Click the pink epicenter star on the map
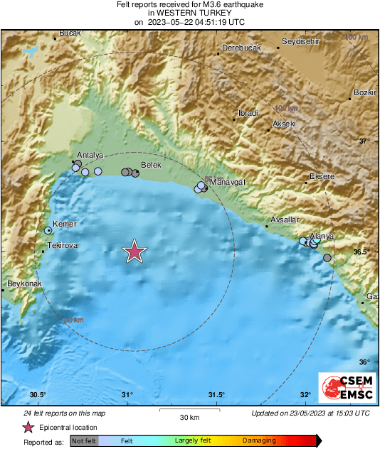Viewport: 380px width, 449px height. coord(134,251)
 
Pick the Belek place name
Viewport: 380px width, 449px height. coord(152,164)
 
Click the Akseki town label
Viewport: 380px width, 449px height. coord(284,124)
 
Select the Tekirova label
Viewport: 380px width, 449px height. coord(61,245)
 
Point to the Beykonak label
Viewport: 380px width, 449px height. coord(25,284)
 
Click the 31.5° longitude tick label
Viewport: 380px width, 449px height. coord(216,395)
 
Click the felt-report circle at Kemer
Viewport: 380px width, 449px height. coord(48,230)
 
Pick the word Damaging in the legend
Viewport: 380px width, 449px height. coord(259,440)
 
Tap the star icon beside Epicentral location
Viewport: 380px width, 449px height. coord(28,427)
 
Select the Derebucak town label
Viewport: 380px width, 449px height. coord(241,48)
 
